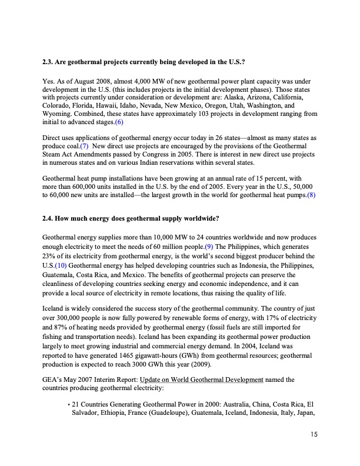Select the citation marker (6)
click(x=119, y=122)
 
